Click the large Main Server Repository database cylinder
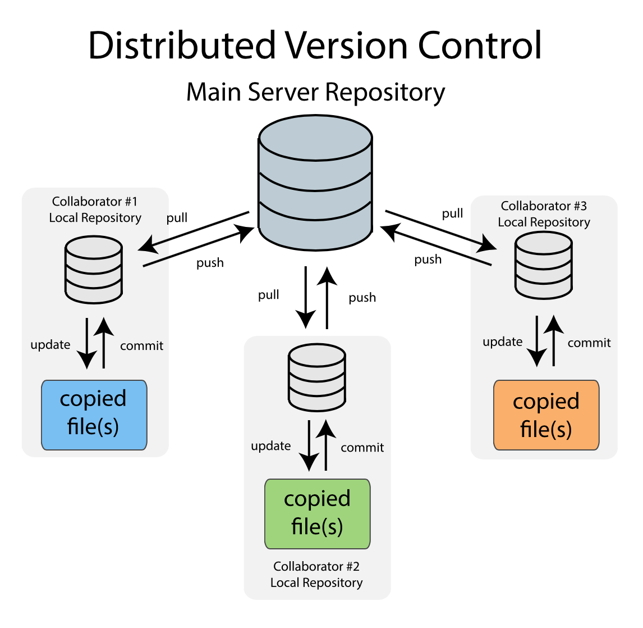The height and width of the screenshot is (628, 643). point(315,183)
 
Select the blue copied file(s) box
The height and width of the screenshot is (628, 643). point(94,415)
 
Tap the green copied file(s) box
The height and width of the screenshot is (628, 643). point(317,513)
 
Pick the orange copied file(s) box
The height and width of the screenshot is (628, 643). point(546,415)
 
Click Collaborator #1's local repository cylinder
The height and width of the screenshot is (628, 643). point(94,270)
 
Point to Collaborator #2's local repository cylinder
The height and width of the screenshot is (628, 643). point(316,377)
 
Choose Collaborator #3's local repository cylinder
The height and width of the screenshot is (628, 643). point(544,265)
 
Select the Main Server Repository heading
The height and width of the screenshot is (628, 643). point(315,92)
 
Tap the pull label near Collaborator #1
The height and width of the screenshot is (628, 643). point(177,218)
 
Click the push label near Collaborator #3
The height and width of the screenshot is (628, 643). point(428,260)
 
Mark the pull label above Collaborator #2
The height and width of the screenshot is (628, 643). point(268,295)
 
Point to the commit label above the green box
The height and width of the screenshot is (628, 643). point(362,448)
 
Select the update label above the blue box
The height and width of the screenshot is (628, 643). point(50,345)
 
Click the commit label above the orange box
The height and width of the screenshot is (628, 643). point(589,343)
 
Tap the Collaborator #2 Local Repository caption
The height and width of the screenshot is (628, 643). point(316,575)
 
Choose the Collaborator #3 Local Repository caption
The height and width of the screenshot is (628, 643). point(544,214)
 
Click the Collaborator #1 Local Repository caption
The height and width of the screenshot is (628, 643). point(95,210)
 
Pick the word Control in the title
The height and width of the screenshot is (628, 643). point(480,45)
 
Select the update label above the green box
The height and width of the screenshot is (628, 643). point(271,446)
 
